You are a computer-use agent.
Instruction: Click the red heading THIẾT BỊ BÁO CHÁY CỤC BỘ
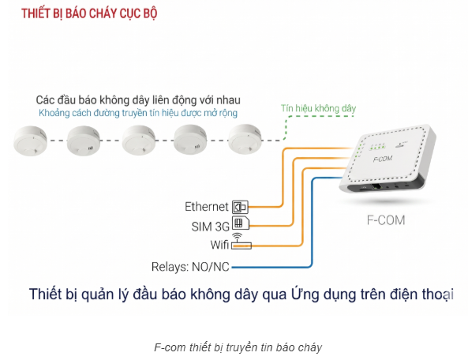tap(89, 13)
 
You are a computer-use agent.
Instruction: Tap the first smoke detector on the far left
tap(31, 141)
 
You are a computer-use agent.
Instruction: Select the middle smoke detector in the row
tap(139, 141)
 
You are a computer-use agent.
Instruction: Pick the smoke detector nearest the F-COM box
tap(245, 139)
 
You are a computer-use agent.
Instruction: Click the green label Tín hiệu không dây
tap(319, 108)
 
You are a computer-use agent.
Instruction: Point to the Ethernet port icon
tap(240, 207)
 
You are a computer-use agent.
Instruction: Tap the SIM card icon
tap(241, 223)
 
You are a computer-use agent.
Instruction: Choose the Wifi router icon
tap(241, 242)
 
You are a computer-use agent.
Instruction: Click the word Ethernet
tap(207, 207)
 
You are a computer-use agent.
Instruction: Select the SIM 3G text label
tap(210, 227)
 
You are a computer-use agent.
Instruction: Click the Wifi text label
tap(219, 245)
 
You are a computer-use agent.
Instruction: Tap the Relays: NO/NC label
tap(190, 267)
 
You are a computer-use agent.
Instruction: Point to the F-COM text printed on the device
tap(383, 159)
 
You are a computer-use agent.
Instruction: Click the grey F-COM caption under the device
tap(386, 220)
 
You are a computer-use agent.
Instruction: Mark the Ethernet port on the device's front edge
tap(376, 187)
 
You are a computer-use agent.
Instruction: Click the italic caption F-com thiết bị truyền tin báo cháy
tap(238, 347)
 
